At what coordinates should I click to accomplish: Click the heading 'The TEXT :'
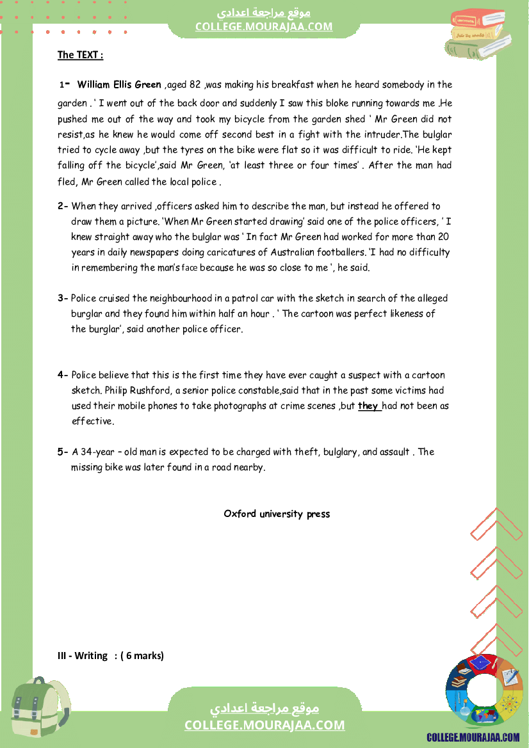pos(80,55)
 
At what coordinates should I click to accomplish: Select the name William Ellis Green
pos(119,84)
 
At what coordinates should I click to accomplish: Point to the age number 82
pos(195,84)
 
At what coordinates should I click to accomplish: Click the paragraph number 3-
pos(63,298)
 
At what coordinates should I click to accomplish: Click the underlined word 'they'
pos(368,406)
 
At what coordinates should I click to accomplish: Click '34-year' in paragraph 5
pos(89,452)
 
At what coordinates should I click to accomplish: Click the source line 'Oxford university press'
pos(277,514)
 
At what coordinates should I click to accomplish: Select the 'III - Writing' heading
pos(83,655)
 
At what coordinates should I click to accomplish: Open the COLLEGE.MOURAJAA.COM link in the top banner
pos(264,26)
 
